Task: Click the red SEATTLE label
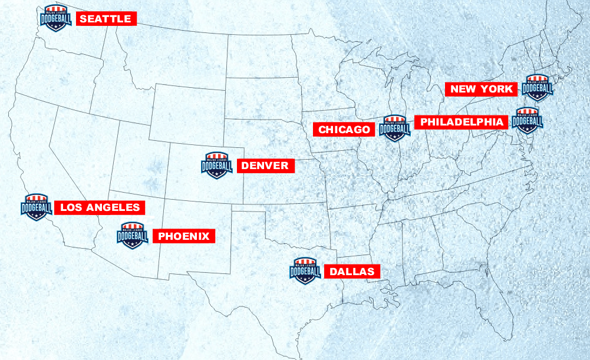(x=106, y=19)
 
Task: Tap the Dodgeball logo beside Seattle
(x=55, y=18)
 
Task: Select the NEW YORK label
(x=482, y=89)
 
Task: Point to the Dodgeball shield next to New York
(x=538, y=89)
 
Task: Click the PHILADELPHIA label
(x=462, y=122)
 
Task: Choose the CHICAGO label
(x=345, y=130)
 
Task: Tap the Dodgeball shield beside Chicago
(x=394, y=128)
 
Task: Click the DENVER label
(x=265, y=166)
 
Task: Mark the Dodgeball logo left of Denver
(x=217, y=166)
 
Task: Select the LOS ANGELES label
(x=100, y=207)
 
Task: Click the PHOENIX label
(x=184, y=236)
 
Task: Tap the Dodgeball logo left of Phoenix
(x=133, y=236)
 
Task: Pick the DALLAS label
(x=352, y=272)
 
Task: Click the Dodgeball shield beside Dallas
(x=305, y=271)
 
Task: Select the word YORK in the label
(x=499, y=89)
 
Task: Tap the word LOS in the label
(x=71, y=207)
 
